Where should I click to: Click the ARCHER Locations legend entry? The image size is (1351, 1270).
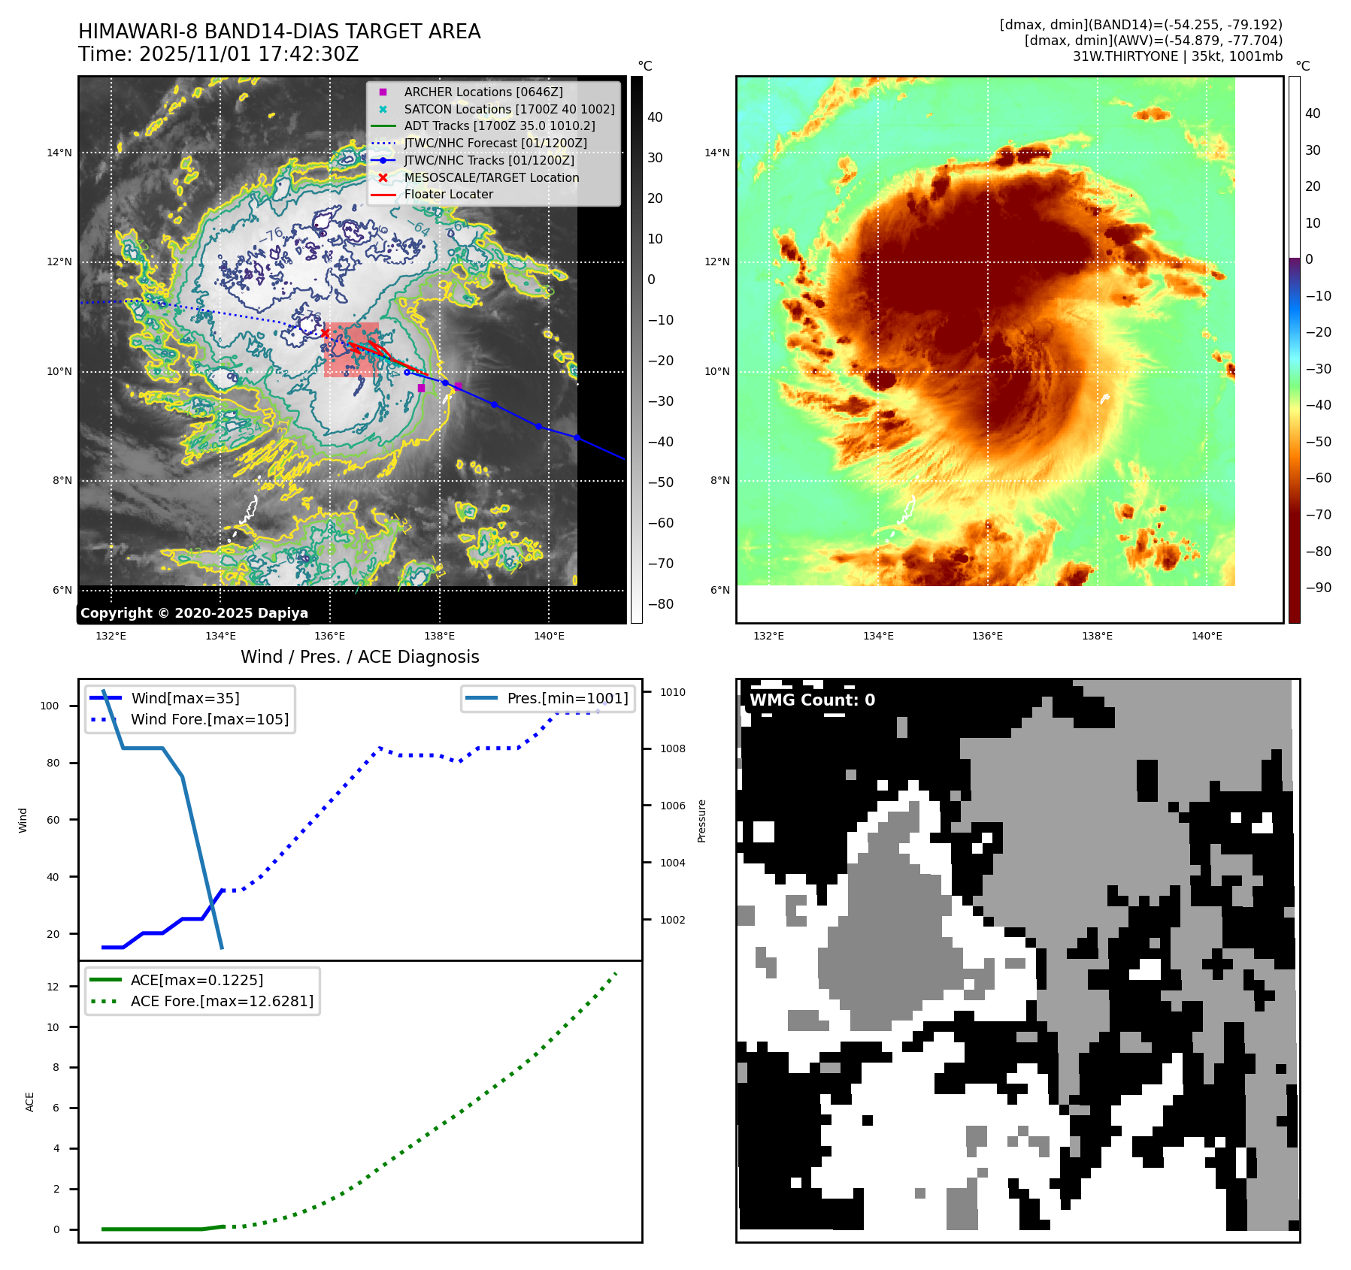coord(483,92)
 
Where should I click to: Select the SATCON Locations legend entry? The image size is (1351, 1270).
coord(509,109)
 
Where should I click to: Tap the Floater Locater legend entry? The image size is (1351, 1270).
coord(448,194)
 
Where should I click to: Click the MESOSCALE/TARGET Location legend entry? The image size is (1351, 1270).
coord(491,177)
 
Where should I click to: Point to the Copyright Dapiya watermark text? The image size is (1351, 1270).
coord(194,613)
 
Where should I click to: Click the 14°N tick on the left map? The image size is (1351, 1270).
coord(59,153)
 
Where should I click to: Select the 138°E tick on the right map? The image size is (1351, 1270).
coord(1097,636)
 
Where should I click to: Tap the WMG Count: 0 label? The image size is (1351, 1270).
coord(812,700)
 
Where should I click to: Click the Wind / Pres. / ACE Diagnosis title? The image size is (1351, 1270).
coord(359,657)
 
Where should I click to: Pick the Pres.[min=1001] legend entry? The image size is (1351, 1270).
coord(567,698)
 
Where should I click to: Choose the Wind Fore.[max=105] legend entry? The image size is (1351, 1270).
coord(209,719)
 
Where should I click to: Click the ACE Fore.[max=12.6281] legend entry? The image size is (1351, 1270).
coord(222,1001)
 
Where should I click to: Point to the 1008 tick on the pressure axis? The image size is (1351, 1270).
coord(673,748)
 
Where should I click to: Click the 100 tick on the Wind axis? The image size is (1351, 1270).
coord(50,706)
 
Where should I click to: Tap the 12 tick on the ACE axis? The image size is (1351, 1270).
coord(53,987)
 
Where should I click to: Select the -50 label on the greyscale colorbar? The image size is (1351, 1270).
coord(661,482)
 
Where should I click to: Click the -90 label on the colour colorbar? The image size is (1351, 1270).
coord(1318,588)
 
